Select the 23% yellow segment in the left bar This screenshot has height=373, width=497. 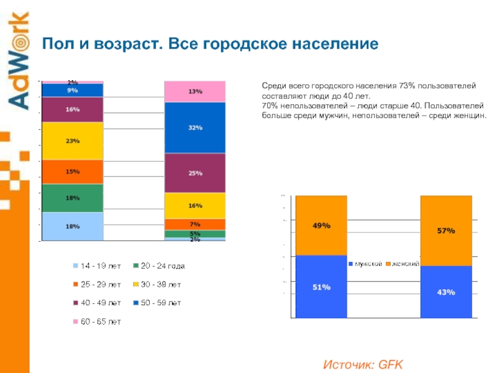tap(73, 141)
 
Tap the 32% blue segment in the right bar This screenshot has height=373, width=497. tap(195, 127)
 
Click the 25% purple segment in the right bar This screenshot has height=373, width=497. tap(195, 173)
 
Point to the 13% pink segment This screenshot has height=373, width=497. tap(195, 91)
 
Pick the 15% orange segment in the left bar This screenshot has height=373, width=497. tap(73, 172)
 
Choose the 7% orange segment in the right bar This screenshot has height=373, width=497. tap(195, 224)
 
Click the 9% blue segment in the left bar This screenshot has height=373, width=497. tap(73, 90)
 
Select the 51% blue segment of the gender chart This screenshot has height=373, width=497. tap(321, 287)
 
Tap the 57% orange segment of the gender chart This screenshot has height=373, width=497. tap(446, 231)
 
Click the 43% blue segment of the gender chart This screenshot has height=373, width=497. tap(446, 292)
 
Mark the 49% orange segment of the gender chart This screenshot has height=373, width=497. tap(321, 226)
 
